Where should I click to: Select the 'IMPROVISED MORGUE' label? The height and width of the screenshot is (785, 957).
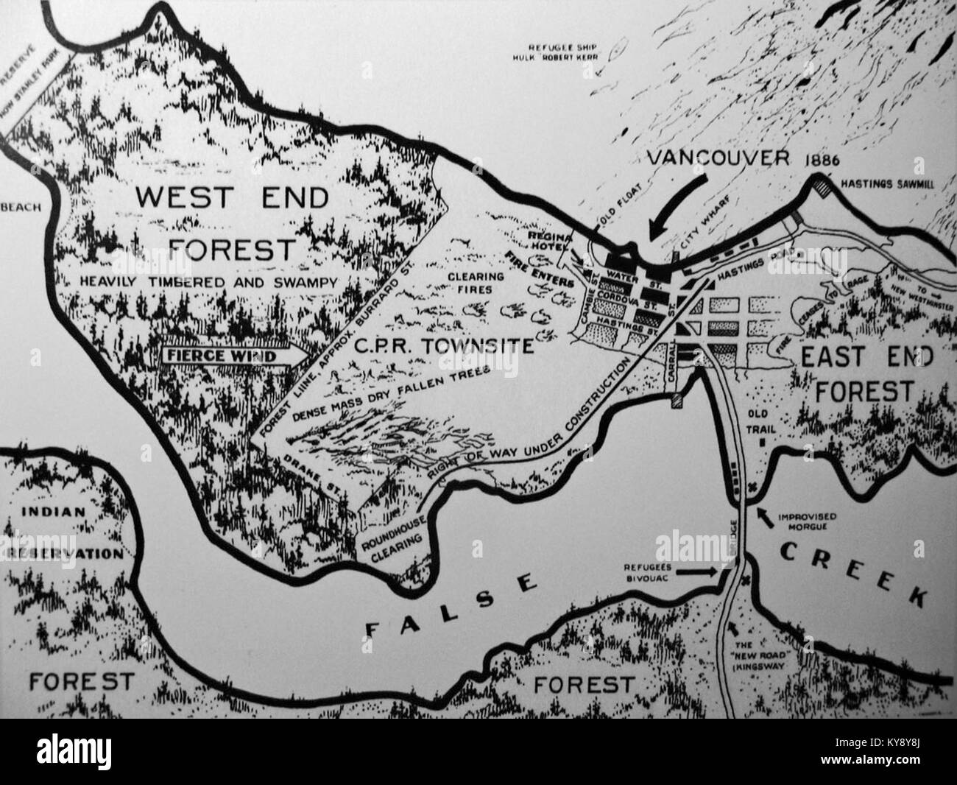[x=805, y=521]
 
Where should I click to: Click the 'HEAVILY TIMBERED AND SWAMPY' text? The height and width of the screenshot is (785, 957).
[x=208, y=281]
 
